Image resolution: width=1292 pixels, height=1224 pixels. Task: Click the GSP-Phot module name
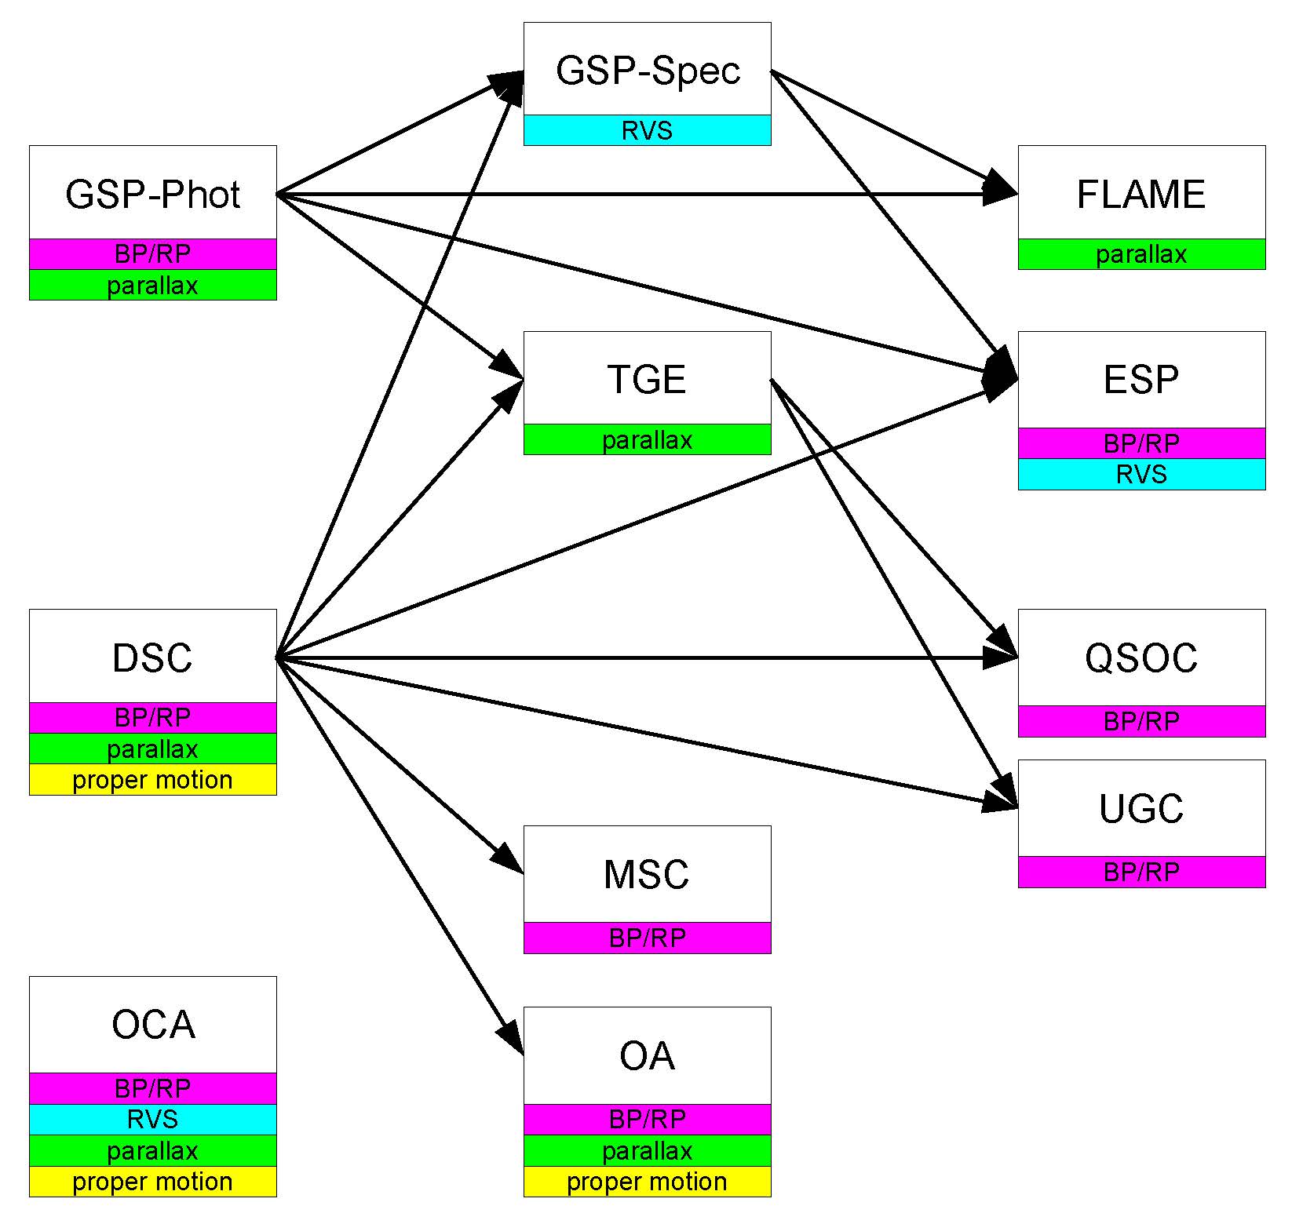coord(153,195)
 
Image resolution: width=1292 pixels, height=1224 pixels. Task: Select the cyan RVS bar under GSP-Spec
coord(648,130)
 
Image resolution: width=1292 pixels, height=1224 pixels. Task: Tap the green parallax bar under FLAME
coord(1142,254)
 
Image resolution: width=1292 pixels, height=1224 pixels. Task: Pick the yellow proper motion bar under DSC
coord(153,780)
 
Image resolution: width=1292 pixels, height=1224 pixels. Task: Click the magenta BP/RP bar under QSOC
coord(1142,721)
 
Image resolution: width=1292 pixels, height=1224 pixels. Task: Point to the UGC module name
coord(1142,809)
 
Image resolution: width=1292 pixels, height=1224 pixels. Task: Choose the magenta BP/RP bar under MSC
coord(648,938)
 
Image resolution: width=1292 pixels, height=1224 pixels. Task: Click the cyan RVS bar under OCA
coord(153,1120)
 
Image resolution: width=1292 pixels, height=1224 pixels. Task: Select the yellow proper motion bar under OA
coord(648,1182)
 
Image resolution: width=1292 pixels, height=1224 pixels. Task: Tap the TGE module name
coord(648,380)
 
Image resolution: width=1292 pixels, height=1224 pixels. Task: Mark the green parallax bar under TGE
coord(648,439)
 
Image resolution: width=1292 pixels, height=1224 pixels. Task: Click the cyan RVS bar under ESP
coord(1142,475)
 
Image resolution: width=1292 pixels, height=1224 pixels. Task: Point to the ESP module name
coord(1142,380)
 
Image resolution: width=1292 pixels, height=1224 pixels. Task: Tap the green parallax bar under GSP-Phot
coord(153,285)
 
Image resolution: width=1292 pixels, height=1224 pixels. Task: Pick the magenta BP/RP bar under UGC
coord(1142,872)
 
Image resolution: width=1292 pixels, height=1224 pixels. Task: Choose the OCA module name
coord(153,1025)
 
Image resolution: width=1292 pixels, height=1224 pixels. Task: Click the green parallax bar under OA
coord(648,1151)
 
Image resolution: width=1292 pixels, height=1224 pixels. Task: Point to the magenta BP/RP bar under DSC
coord(153,718)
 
